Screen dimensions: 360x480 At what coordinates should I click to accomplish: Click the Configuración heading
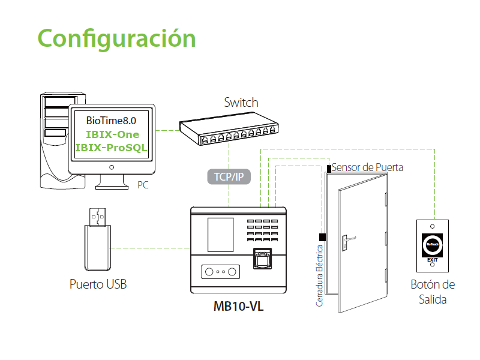click(117, 38)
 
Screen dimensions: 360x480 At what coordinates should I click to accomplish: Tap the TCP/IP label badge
click(229, 176)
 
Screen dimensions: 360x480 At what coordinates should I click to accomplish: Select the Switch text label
click(241, 103)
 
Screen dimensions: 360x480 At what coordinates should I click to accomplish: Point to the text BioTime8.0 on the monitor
click(111, 121)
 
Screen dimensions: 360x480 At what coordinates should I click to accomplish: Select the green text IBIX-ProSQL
click(111, 148)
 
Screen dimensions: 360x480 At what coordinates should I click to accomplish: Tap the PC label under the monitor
click(143, 185)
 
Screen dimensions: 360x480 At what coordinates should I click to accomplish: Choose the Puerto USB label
click(98, 284)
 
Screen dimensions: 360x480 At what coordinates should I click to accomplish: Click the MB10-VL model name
click(238, 307)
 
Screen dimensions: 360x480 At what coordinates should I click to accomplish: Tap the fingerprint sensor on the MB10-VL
click(263, 260)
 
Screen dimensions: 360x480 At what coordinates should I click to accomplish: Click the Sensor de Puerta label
click(367, 167)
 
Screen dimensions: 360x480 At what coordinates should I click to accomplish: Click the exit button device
click(432, 244)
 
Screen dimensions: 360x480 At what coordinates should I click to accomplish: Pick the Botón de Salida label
click(433, 292)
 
